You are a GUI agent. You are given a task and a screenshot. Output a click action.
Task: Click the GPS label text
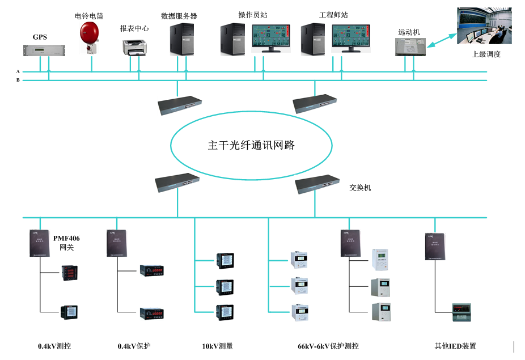[x=40, y=37]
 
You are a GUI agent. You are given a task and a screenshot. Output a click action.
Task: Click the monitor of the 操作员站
[x=271, y=39]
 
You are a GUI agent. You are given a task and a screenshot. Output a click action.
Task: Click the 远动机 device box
[x=410, y=46]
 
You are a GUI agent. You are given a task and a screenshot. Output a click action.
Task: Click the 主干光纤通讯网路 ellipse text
[x=251, y=145]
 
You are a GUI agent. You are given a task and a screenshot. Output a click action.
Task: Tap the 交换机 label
[x=360, y=187]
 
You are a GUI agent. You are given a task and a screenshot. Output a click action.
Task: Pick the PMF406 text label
[x=66, y=238]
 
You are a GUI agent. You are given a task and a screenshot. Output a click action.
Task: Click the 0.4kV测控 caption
[x=54, y=346]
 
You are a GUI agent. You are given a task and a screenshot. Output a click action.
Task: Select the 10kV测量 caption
[x=217, y=346]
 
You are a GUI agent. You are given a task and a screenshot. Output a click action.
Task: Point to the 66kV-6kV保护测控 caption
[x=328, y=346]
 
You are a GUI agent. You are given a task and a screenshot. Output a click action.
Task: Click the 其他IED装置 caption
[x=455, y=346]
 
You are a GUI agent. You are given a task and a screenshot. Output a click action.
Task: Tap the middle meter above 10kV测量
[x=224, y=286]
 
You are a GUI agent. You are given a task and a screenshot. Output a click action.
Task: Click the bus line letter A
[x=18, y=71]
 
